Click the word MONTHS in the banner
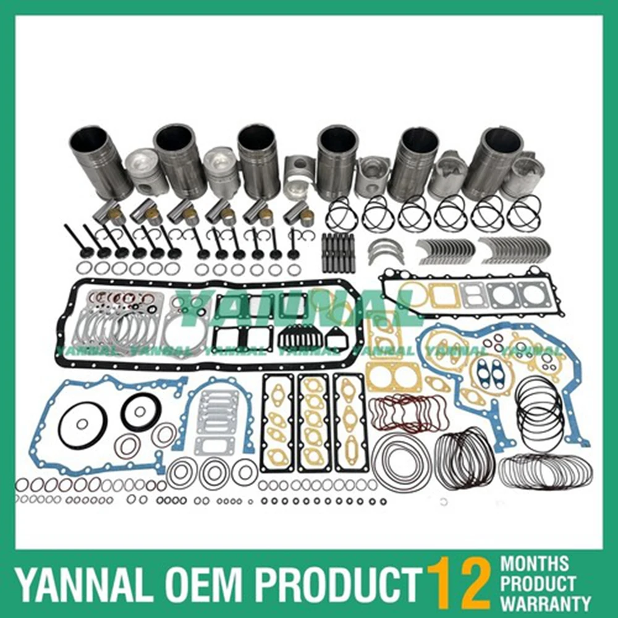click(535, 564)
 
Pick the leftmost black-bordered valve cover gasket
click(277, 421)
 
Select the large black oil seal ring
click(141, 412)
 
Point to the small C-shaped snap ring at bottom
click(444, 502)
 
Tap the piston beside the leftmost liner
click(146, 171)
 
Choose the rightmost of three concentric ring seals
click(245, 472)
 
